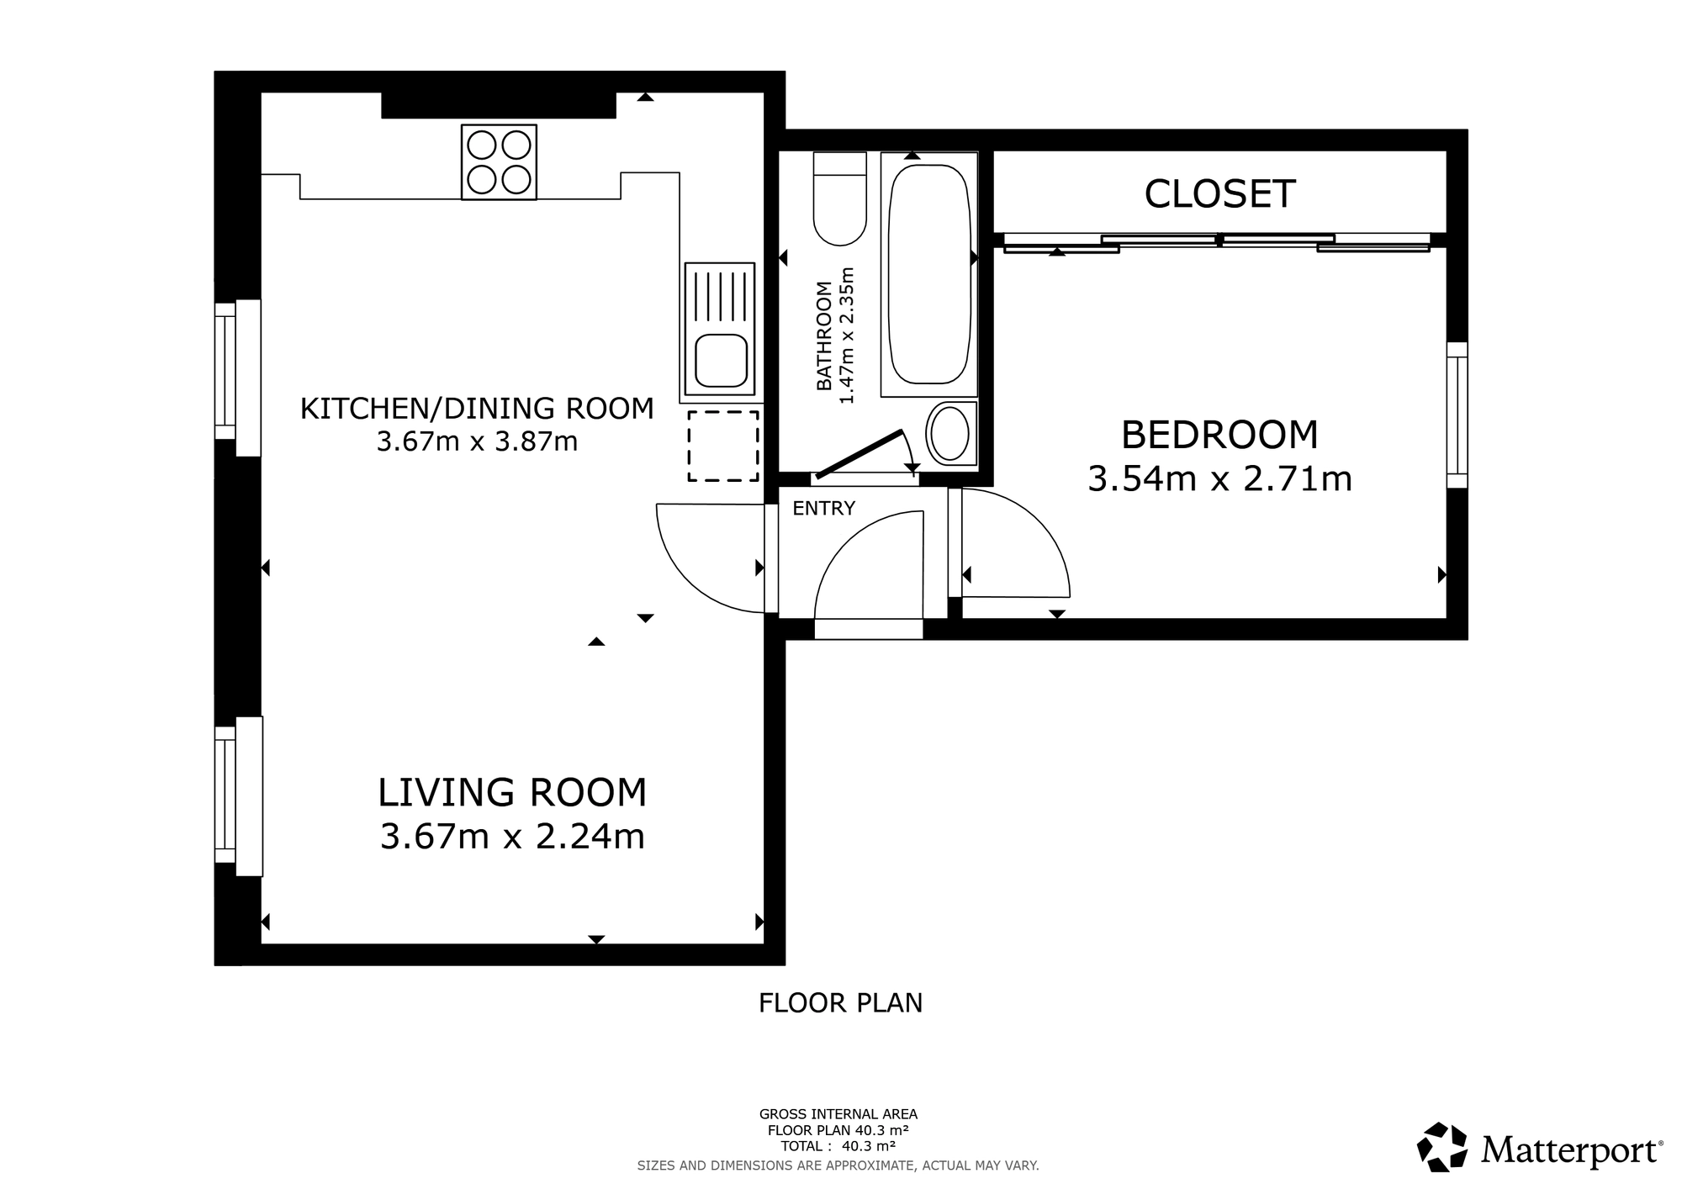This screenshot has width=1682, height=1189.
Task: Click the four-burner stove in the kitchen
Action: (499, 162)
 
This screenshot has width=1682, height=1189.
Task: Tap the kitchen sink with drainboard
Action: (720, 329)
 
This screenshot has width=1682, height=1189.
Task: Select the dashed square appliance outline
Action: (723, 446)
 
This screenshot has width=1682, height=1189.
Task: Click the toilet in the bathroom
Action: (839, 200)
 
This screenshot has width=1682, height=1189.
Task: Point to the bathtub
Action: (928, 274)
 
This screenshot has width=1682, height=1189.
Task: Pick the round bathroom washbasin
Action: (951, 434)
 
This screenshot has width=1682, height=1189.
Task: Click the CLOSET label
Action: (1219, 194)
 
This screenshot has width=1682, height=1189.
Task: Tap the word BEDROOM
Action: (1219, 435)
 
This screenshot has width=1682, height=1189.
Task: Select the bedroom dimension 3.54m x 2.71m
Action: (1219, 479)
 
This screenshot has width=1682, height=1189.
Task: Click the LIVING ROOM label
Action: (512, 793)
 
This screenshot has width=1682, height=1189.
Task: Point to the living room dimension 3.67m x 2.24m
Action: (512, 837)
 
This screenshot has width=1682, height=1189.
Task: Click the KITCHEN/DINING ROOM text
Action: (477, 409)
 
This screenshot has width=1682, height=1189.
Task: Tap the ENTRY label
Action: (823, 508)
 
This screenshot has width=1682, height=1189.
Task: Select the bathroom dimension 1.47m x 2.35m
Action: (847, 336)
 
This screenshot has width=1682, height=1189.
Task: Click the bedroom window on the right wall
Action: (1457, 415)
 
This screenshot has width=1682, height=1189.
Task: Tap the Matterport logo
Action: (1539, 1148)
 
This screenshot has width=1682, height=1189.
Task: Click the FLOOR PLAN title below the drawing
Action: (840, 1003)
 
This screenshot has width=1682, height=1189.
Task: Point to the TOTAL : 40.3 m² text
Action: (838, 1146)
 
